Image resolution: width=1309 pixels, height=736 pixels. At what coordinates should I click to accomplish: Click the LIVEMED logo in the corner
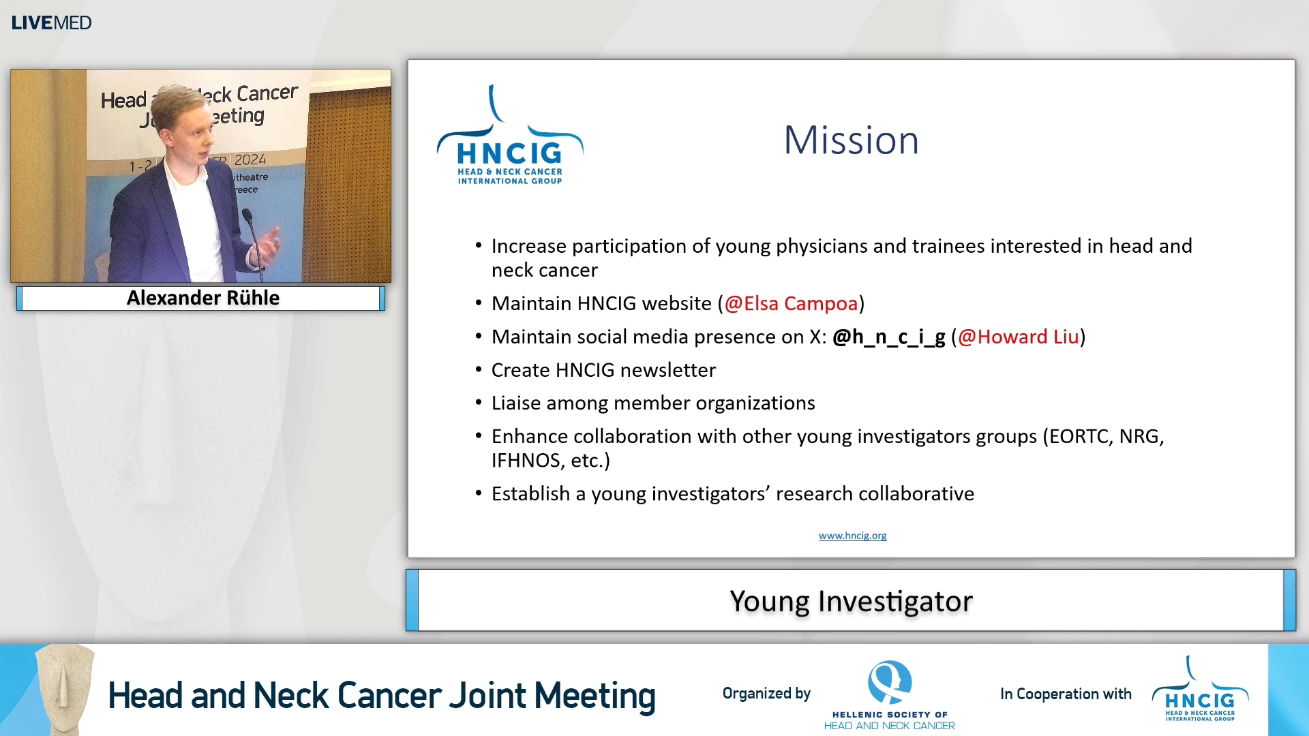tap(51, 22)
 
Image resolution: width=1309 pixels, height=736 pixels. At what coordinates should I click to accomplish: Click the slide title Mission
tap(851, 140)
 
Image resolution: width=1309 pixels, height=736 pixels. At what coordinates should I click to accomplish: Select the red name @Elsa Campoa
tap(791, 303)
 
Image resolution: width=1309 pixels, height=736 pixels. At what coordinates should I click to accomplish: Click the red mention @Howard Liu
tap(1019, 337)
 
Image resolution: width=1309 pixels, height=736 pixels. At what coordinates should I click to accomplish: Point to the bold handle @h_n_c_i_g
tap(888, 337)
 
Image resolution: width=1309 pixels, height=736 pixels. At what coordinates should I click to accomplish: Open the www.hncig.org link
tap(852, 536)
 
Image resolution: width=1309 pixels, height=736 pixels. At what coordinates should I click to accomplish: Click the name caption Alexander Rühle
tap(202, 298)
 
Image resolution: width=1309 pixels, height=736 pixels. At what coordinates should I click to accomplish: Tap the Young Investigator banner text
tap(851, 601)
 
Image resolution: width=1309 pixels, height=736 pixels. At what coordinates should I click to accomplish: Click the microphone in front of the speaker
tap(247, 217)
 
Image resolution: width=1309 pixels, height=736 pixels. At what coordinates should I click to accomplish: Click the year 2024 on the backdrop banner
tap(250, 160)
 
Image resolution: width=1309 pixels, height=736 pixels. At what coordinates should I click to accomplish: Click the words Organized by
tap(766, 694)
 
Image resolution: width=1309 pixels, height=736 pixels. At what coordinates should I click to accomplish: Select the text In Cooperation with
tap(1065, 694)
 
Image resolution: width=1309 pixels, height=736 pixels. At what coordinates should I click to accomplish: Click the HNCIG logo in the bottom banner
tap(1200, 692)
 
